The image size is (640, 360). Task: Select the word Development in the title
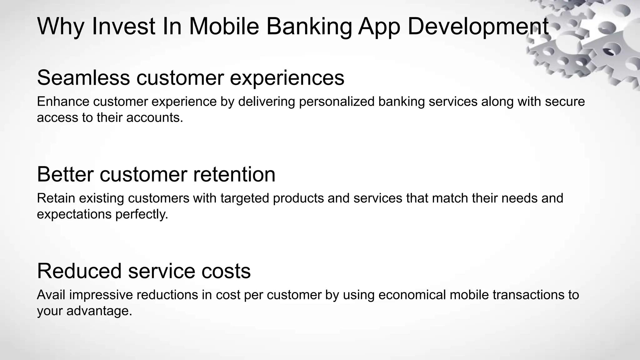pos(478,27)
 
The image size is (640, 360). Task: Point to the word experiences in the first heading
pos(287,78)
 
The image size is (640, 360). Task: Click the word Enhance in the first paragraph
pos(63,102)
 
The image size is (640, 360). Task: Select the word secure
pos(565,102)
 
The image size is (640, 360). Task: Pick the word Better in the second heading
pos(65,174)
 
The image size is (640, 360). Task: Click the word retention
pos(234,174)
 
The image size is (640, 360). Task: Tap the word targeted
pos(245,198)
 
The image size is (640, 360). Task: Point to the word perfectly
pos(142,215)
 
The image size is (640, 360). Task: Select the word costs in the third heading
pos(226,271)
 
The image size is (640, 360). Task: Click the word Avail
pos(51,295)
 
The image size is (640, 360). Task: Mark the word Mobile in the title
pos(224,27)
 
